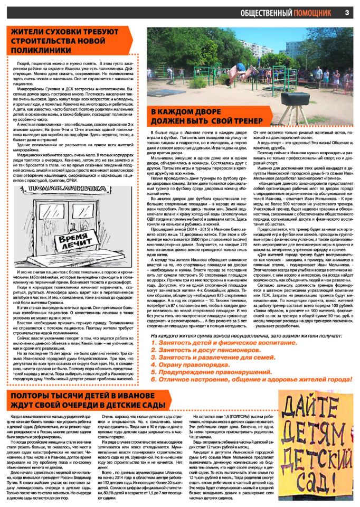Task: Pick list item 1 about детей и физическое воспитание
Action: tap(213, 343)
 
